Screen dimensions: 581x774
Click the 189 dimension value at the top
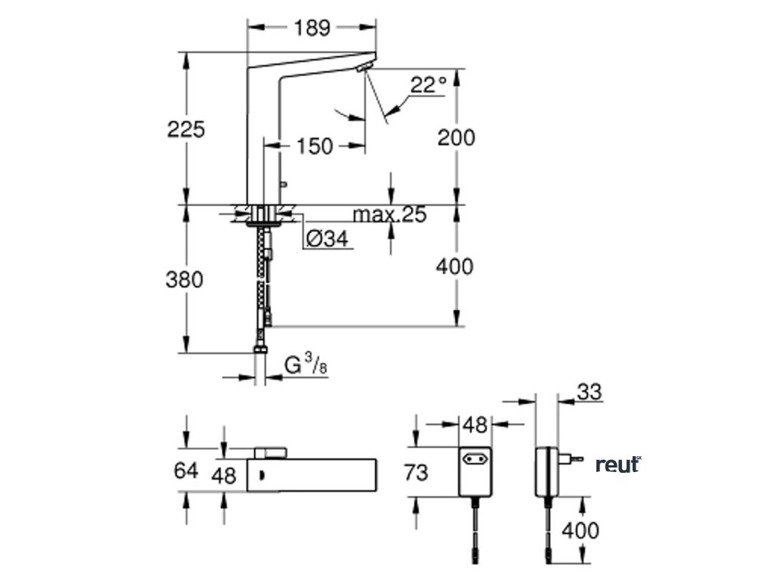pyautogui.click(x=312, y=28)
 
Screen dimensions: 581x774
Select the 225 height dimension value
pyautogui.click(x=186, y=129)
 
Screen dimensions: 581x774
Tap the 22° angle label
pyautogui.click(x=429, y=85)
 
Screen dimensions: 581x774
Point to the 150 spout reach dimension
pyautogui.click(x=314, y=145)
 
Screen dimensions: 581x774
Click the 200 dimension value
pyautogui.click(x=457, y=138)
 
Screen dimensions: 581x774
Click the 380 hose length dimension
pyautogui.click(x=184, y=279)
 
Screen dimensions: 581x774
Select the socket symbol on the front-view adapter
pyautogui.click(x=475, y=458)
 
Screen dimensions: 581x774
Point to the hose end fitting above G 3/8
pyautogui.click(x=261, y=349)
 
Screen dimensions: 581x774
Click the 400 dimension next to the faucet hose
pyautogui.click(x=457, y=266)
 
